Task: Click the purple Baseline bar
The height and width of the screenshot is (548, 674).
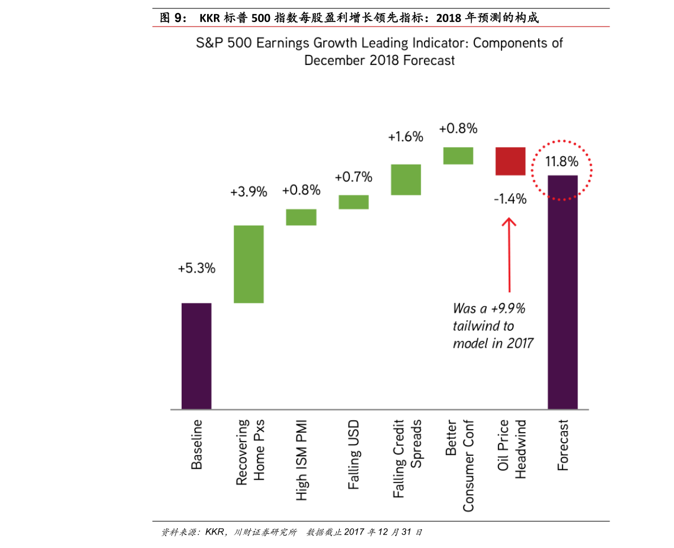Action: tap(196, 356)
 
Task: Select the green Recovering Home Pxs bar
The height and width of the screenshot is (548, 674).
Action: tap(248, 264)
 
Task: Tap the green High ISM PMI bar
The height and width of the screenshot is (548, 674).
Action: tap(300, 217)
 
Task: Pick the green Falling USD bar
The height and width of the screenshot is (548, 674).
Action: tap(353, 202)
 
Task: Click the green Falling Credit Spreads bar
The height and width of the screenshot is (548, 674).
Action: tap(406, 179)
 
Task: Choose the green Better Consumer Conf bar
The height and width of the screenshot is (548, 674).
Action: tap(458, 156)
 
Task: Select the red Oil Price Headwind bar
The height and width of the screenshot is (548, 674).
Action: tap(510, 161)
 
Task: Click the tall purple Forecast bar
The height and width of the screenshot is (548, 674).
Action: tap(563, 292)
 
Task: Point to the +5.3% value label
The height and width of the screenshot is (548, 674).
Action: tap(196, 269)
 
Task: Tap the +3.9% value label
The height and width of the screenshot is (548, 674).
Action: tap(248, 192)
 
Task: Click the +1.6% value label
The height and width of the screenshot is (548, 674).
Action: tap(406, 136)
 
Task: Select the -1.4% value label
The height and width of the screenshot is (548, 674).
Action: tap(509, 199)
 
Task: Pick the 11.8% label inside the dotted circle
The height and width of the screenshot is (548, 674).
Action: tap(562, 162)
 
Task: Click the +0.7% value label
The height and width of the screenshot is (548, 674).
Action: tap(353, 177)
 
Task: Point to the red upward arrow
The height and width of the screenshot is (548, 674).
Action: tap(509, 254)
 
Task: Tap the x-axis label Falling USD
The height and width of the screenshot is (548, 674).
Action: tap(354, 455)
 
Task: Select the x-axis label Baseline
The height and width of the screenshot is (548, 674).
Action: tap(196, 445)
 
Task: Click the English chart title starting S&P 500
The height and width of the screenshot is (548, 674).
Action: tap(379, 51)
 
